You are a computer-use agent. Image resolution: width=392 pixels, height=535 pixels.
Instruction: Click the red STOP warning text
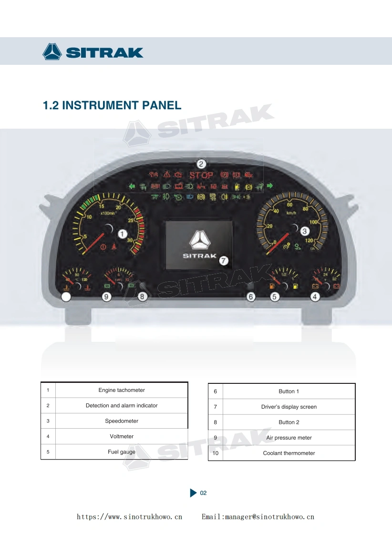[201, 175]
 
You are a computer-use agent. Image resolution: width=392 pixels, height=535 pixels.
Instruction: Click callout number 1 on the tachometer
[123, 234]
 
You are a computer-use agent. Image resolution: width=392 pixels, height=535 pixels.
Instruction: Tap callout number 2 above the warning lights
[202, 164]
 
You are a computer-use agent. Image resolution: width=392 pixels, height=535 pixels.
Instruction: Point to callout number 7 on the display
[224, 260]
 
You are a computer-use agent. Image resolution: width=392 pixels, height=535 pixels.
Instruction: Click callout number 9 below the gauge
[107, 297]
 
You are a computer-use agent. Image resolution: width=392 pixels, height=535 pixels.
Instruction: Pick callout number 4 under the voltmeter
[315, 297]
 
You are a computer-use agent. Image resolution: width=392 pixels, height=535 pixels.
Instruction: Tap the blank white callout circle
[66, 297]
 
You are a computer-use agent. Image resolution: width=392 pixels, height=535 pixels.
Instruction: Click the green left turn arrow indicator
[132, 186]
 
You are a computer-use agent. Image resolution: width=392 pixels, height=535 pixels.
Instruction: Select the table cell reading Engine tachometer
[122, 390]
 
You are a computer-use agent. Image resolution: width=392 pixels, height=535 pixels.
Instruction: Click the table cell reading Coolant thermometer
[289, 453]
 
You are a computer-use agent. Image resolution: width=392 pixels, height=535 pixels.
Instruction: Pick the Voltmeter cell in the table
[122, 436]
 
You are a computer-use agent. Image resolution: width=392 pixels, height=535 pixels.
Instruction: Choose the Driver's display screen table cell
[289, 407]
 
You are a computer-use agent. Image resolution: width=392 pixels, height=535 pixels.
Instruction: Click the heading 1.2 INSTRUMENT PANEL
[112, 105]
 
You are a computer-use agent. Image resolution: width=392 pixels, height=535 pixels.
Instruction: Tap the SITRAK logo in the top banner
[93, 51]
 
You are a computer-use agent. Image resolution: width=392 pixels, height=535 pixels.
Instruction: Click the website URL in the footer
[130, 517]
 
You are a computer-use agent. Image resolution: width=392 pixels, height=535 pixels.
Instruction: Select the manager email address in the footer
[258, 517]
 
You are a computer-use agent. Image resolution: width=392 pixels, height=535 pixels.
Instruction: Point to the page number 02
[203, 493]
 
